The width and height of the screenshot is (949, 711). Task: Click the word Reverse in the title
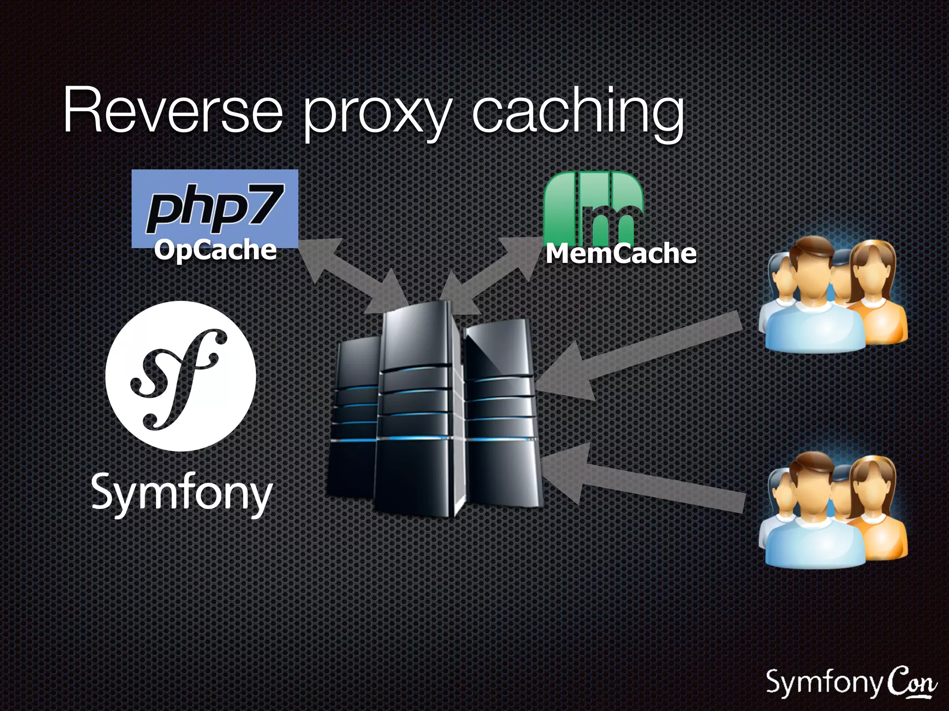(x=172, y=111)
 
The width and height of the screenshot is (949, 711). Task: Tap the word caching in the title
(x=577, y=113)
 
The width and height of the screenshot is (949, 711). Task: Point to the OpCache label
(x=215, y=250)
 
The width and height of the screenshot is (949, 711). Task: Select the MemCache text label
(x=621, y=254)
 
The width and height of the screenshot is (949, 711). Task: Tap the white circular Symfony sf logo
(x=181, y=376)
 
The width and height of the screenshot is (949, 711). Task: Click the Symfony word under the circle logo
(x=182, y=493)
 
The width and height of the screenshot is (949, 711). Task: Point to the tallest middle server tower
(x=415, y=407)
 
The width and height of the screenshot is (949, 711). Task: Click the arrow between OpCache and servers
(x=352, y=275)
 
